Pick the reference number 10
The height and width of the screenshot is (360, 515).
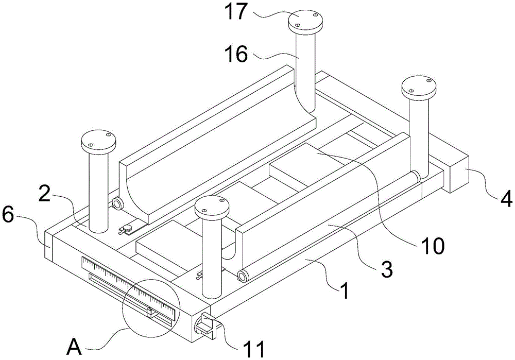(x=433, y=247)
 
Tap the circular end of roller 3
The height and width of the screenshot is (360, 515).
(x=241, y=276)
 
